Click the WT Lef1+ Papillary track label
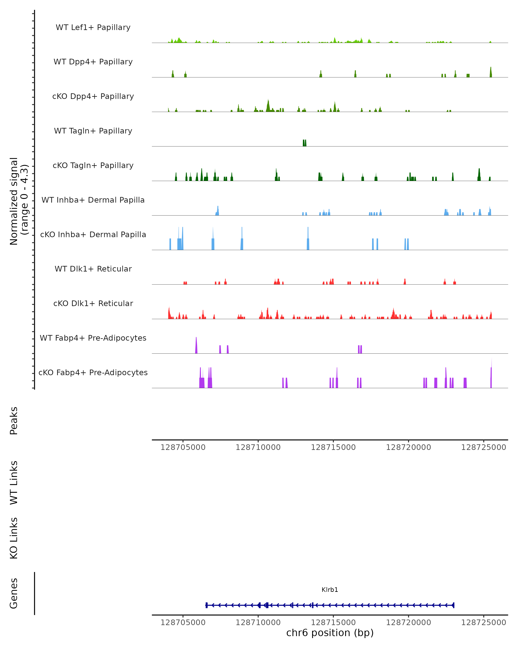click(93, 27)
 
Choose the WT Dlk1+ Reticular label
click(93, 269)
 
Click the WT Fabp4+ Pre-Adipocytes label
click(93, 338)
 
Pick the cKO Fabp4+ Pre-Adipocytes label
click(93, 372)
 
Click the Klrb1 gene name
click(330, 590)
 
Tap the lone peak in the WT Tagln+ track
click(305, 143)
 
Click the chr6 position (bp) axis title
click(330, 633)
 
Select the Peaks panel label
click(14, 421)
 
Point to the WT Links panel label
click(14, 482)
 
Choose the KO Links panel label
click(14, 538)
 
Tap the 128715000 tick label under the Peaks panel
click(333, 447)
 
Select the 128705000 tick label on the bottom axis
click(183, 623)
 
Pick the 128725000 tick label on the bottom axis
click(483, 623)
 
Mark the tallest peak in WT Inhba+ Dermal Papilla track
click(218, 210)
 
